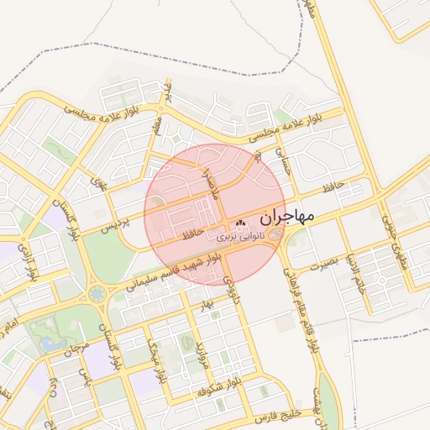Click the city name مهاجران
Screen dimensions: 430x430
tap(286, 217)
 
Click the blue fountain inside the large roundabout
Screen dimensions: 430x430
tap(97, 294)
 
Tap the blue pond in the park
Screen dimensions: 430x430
tap(52, 343)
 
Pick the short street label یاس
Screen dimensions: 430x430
tap(83, 375)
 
